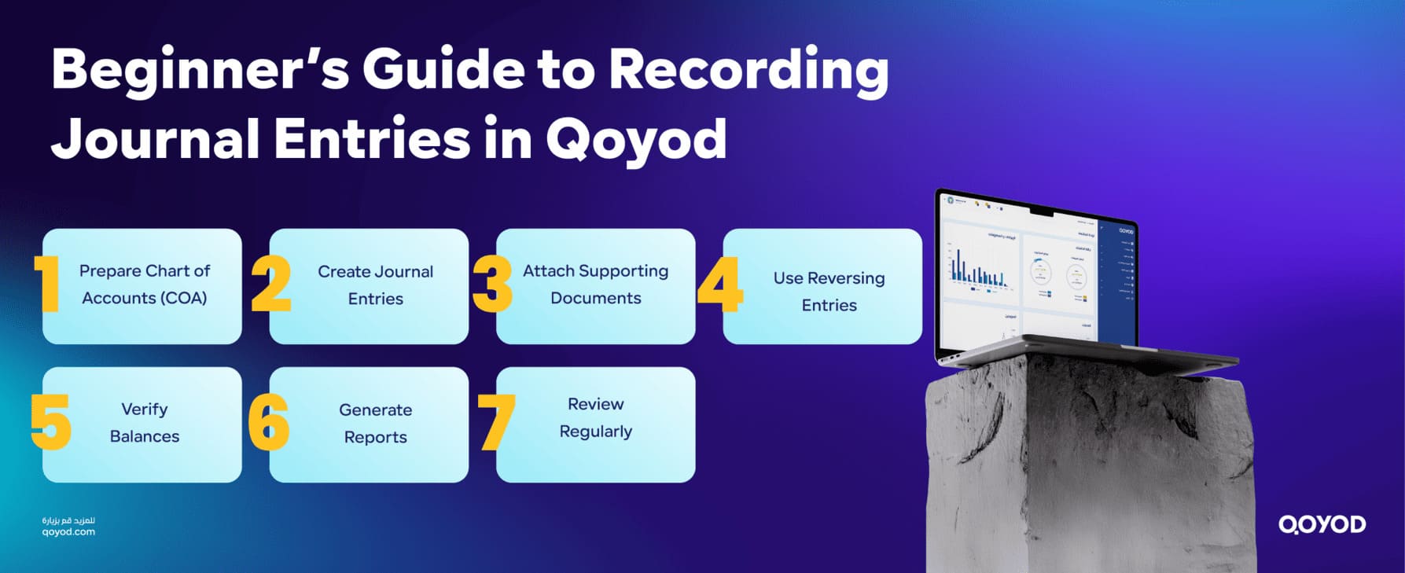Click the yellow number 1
tap(48, 284)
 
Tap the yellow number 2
tap(271, 284)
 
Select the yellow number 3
tap(493, 284)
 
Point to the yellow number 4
tap(719, 284)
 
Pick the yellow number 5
tap(50, 422)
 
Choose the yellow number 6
tap(268, 422)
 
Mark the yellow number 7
tap(496, 422)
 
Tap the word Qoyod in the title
tap(636, 140)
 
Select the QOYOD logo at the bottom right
tap(1322, 524)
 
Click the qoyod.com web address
tap(68, 532)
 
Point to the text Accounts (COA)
tap(145, 299)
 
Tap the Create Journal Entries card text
tap(375, 285)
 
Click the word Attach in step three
tap(549, 271)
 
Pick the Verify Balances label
tap(145, 423)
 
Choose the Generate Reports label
tap(375, 424)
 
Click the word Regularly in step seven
tap(595, 432)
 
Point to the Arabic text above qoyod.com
tap(68, 520)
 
